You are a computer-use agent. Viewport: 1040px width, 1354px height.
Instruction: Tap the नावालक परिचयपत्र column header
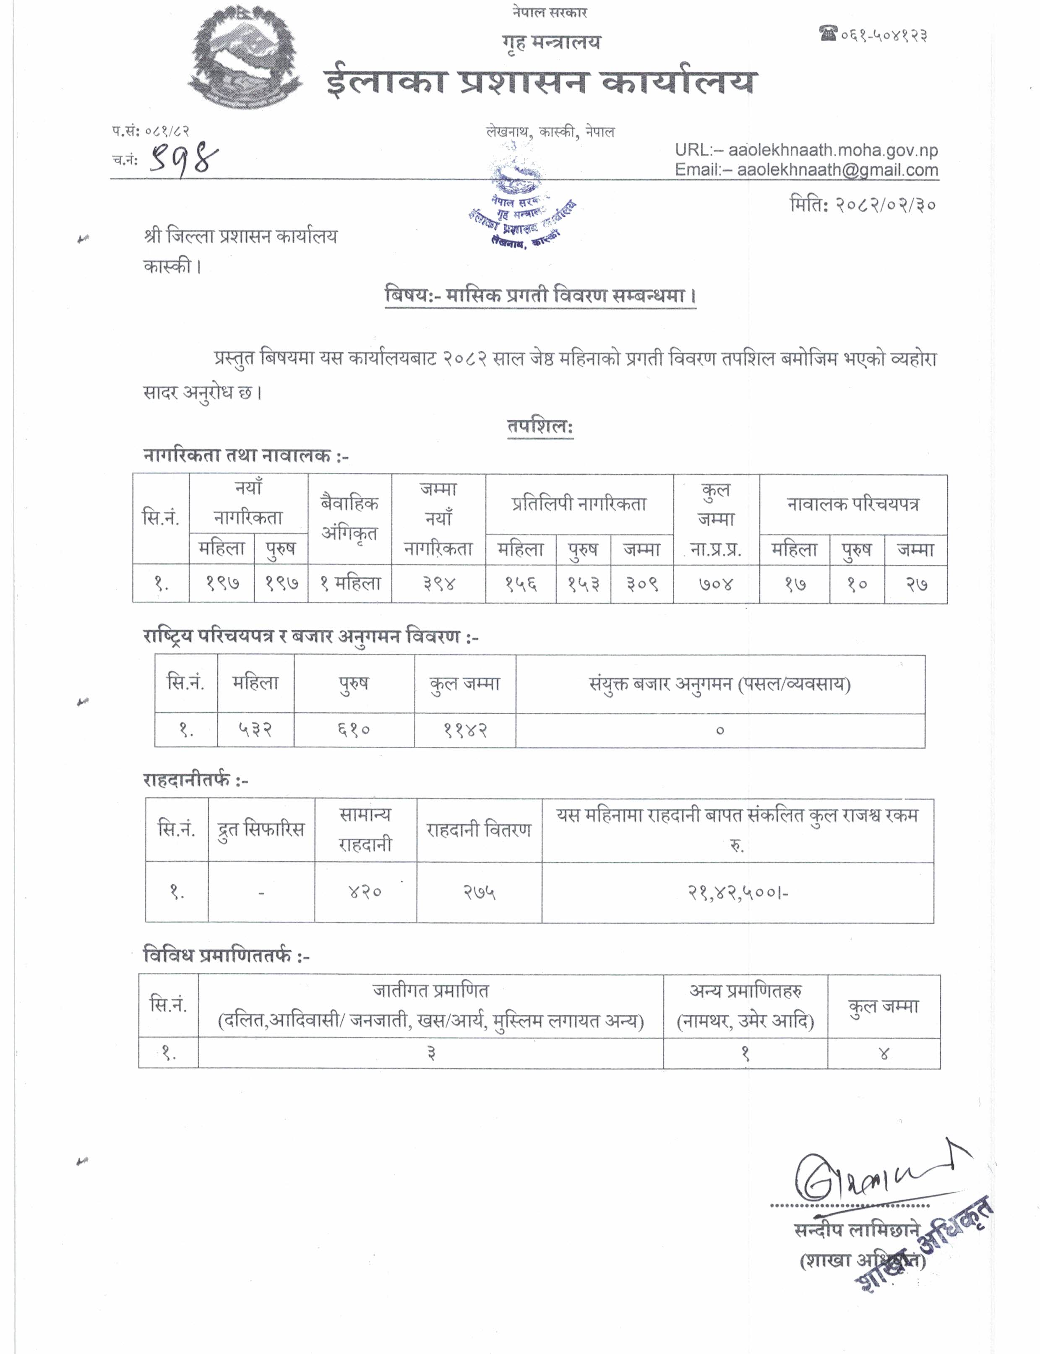(852, 504)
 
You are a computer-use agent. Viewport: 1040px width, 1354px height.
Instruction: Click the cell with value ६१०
(354, 730)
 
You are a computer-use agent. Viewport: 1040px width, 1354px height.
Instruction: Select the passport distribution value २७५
(479, 892)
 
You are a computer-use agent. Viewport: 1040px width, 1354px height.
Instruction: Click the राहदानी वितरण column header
(479, 830)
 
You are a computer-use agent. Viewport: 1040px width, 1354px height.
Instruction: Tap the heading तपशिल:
(540, 426)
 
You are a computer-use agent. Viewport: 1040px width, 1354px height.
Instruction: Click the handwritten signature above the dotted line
(867, 1175)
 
